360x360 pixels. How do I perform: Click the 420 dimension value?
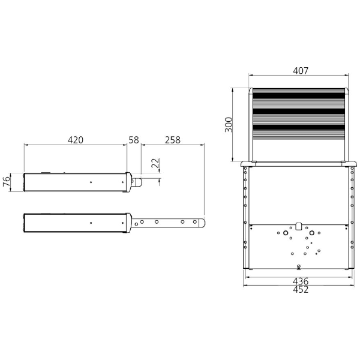coord(76,140)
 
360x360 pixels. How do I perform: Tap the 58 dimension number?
coord(134,140)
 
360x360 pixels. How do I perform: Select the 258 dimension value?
coord(173,140)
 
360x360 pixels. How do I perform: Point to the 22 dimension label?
coord(155,163)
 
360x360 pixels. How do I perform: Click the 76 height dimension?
coord(7,182)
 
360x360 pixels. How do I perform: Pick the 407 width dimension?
coord(301,70)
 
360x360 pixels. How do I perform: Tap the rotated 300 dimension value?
coord(229,125)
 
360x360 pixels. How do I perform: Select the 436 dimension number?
coord(301,281)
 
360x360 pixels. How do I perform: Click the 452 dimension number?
coord(301,290)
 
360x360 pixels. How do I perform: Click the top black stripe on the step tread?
coord(298,95)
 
